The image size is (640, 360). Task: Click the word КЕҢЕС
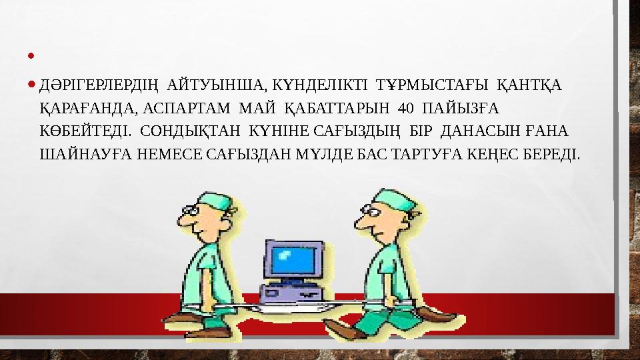point(501,155)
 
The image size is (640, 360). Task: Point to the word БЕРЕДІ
point(557,155)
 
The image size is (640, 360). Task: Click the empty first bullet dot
point(32,66)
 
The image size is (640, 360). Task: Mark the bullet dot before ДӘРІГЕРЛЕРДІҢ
point(32,86)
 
